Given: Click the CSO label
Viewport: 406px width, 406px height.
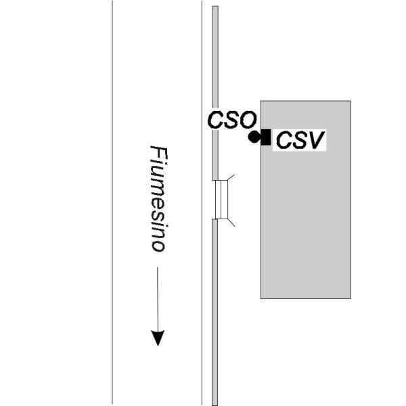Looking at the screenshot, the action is tap(232, 120).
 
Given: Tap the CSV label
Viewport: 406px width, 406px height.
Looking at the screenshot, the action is tap(300, 140).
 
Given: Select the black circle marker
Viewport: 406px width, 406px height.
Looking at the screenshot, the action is tap(254, 137).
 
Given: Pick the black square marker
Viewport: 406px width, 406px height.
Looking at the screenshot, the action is tap(266, 137).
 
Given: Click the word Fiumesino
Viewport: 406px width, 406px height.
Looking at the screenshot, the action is tap(159, 198).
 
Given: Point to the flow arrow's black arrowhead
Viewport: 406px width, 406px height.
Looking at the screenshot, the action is tap(158, 338).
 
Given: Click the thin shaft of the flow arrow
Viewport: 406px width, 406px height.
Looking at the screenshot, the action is tap(158, 299).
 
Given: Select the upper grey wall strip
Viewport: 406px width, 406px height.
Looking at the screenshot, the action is tap(215, 93).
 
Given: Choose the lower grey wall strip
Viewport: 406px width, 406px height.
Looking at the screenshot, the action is tap(215, 312).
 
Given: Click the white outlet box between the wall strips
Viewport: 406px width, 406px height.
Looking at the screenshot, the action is tap(221, 200).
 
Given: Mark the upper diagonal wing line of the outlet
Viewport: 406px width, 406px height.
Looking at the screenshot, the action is tap(231, 177).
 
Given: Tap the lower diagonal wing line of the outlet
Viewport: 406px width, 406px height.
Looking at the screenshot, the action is tap(231, 223).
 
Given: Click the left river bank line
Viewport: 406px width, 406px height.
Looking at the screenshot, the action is tap(112, 203).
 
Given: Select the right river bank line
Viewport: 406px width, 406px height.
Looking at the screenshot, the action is tap(202, 203).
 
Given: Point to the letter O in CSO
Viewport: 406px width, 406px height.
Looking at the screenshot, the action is tap(248, 120).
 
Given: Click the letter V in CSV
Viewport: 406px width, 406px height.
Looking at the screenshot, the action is tap(316, 140).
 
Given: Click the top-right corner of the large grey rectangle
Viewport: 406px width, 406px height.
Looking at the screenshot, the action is tap(351, 101).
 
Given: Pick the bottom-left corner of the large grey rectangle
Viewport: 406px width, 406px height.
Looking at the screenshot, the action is tap(261, 298).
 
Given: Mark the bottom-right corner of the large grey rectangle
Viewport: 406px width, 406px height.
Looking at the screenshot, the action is tap(351, 298).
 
